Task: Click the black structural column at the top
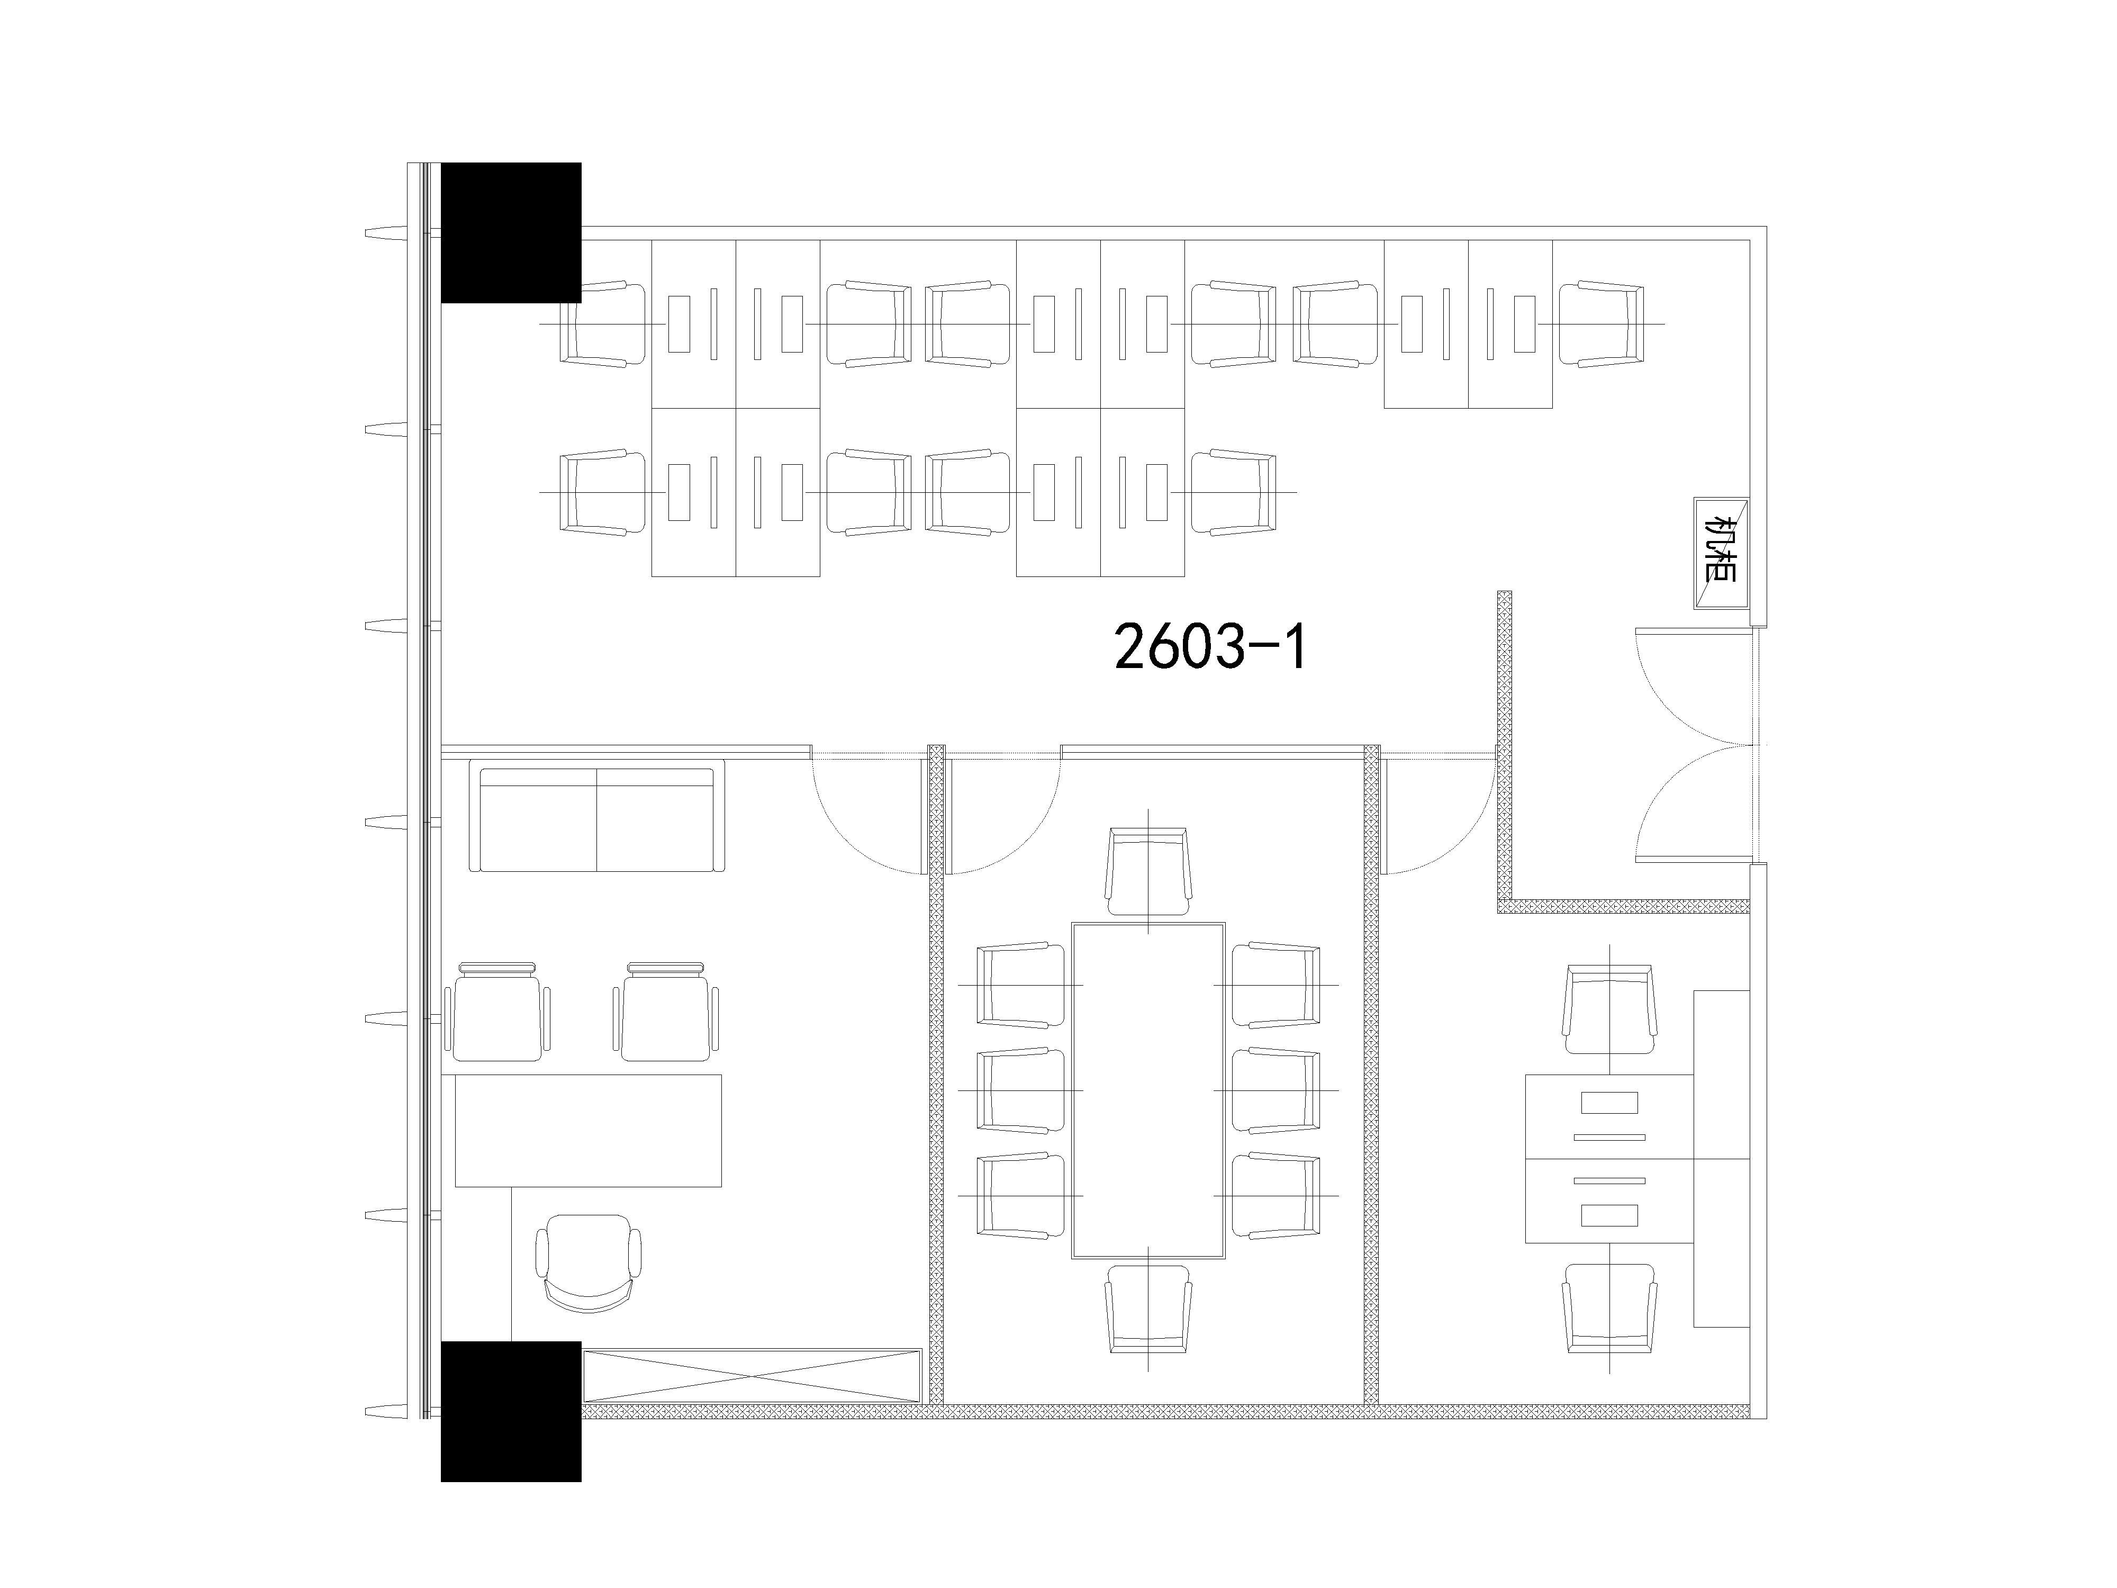(x=511, y=232)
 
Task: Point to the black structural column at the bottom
(x=511, y=1412)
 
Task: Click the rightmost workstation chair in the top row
(x=1601, y=323)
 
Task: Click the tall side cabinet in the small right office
(x=1722, y=1158)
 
